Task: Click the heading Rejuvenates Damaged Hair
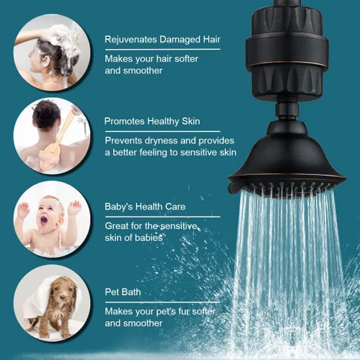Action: pyautogui.click(x=162, y=40)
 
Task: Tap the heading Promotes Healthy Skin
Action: pyautogui.click(x=152, y=122)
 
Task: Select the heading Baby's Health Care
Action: pyautogui.click(x=145, y=207)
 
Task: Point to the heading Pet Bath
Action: pyautogui.click(x=123, y=292)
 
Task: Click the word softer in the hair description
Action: pyautogui.click(x=186, y=59)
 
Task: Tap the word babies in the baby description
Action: pyautogui.click(x=148, y=238)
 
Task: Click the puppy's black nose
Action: pyautogui.click(x=63, y=297)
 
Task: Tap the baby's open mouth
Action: pyautogui.click(x=44, y=220)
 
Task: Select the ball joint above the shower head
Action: pyautogui.click(x=287, y=111)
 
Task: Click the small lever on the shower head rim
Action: pyautogui.click(x=233, y=188)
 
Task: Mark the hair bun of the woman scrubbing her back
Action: pyautogui.click(x=46, y=113)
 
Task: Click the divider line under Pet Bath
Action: pyautogui.click(x=163, y=302)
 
